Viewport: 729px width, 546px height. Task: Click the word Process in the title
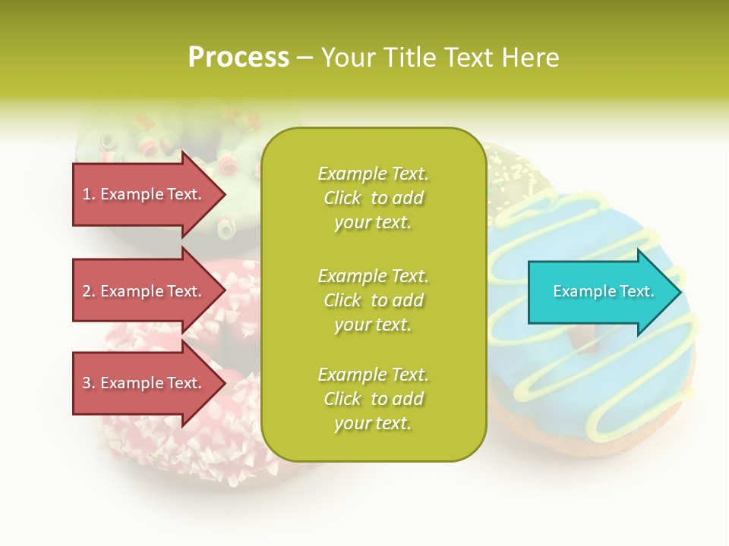(238, 58)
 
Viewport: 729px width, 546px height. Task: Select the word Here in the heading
(531, 58)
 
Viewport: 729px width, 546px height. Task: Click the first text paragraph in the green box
(373, 198)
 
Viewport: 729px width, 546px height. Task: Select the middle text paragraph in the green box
(373, 300)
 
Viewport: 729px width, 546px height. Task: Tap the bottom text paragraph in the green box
(373, 399)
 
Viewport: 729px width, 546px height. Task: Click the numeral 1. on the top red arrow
(89, 194)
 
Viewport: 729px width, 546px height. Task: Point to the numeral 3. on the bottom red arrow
(89, 383)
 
